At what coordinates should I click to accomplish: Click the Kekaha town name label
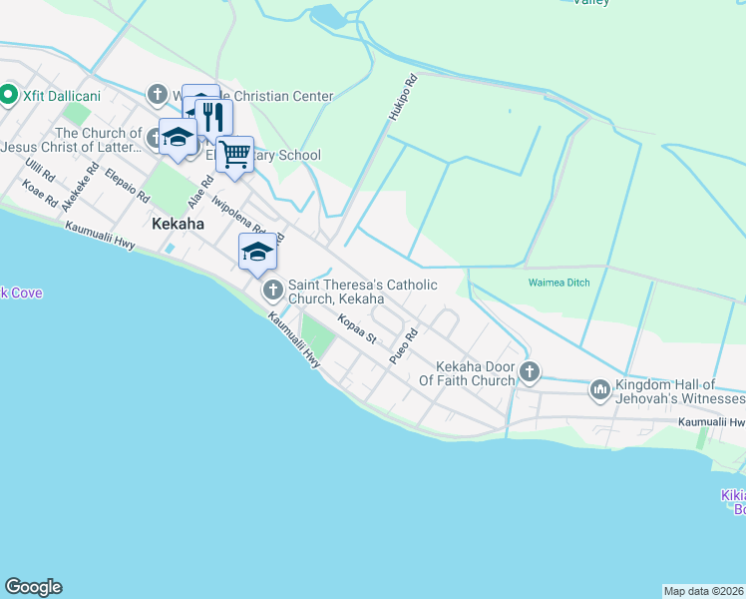pyautogui.click(x=179, y=225)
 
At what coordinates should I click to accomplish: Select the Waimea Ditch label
pyautogui.click(x=559, y=283)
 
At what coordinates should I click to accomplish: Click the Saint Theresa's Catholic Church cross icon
pyautogui.click(x=272, y=292)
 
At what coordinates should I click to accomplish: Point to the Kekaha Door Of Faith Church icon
pyautogui.click(x=530, y=372)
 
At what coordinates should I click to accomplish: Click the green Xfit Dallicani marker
pyautogui.click(x=9, y=95)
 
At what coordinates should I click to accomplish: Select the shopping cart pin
pyautogui.click(x=234, y=155)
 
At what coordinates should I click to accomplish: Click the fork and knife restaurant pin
pyautogui.click(x=212, y=118)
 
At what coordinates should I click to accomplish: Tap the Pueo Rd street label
pyautogui.click(x=402, y=345)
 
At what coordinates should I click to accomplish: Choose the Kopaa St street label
pyautogui.click(x=356, y=330)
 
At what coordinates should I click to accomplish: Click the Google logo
pyautogui.click(x=33, y=587)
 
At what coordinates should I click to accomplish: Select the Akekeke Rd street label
pyautogui.click(x=76, y=190)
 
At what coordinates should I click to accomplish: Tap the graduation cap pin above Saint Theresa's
pyautogui.click(x=257, y=252)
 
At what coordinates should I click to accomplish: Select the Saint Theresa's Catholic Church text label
pyautogui.click(x=363, y=292)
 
